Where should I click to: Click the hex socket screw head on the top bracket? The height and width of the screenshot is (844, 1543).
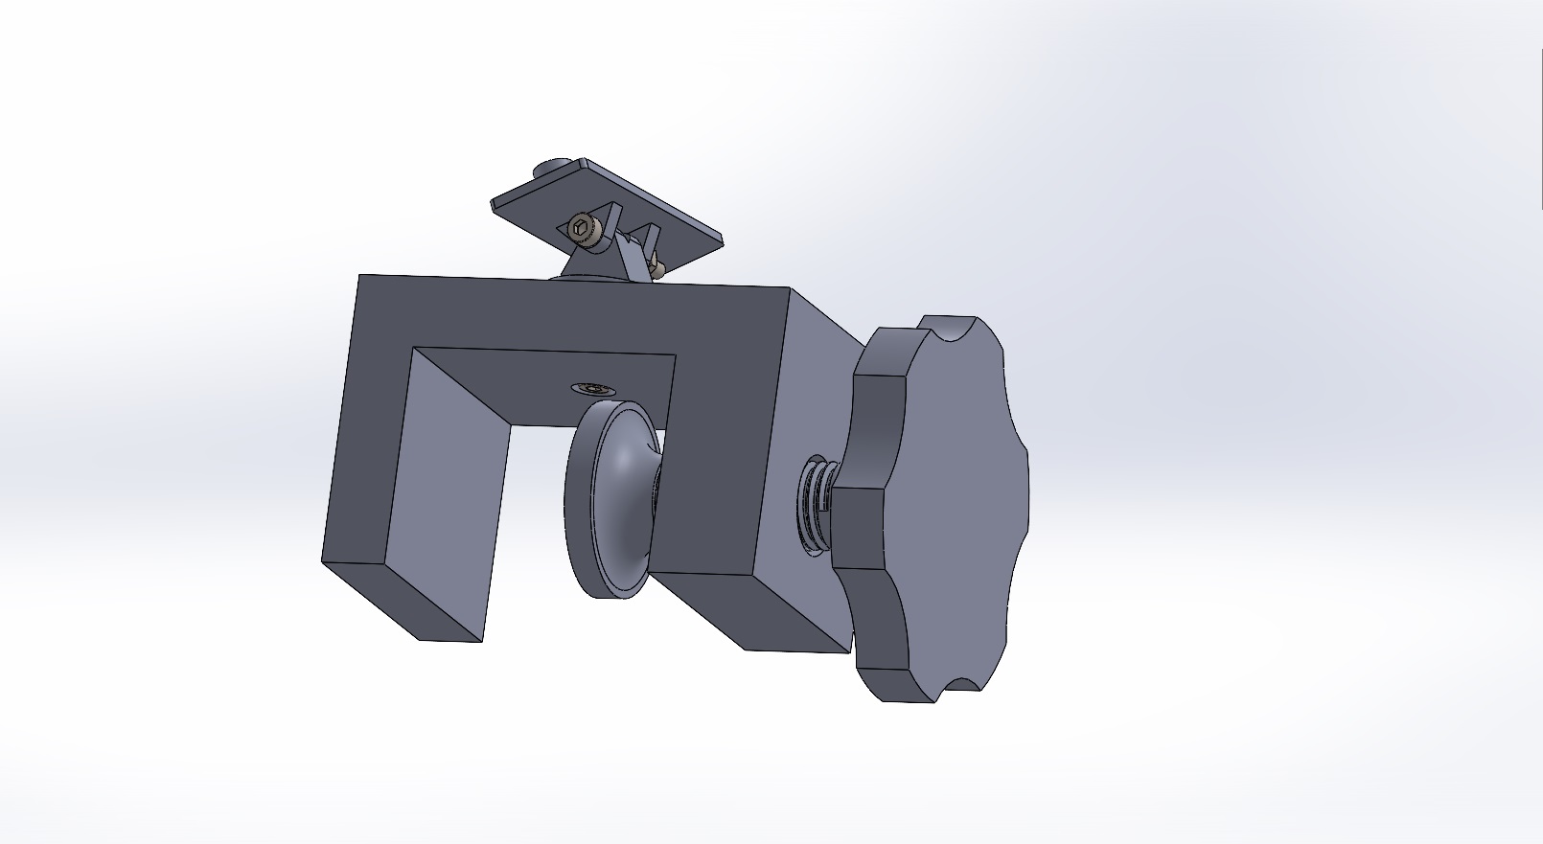tap(581, 228)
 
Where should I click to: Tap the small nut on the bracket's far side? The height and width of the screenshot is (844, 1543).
tap(656, 269)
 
